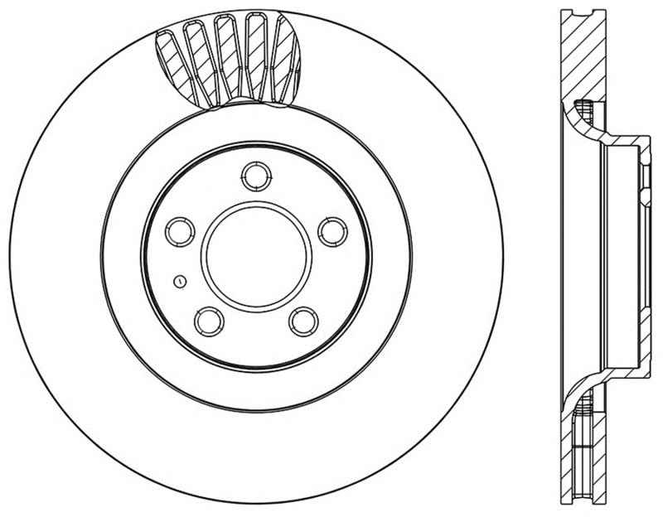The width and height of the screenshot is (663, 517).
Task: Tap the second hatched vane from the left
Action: tap(199, 60)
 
